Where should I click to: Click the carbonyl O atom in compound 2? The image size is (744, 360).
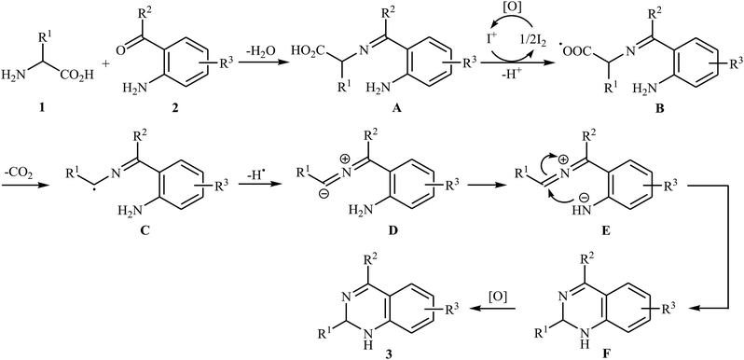click(x=146, y=21)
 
